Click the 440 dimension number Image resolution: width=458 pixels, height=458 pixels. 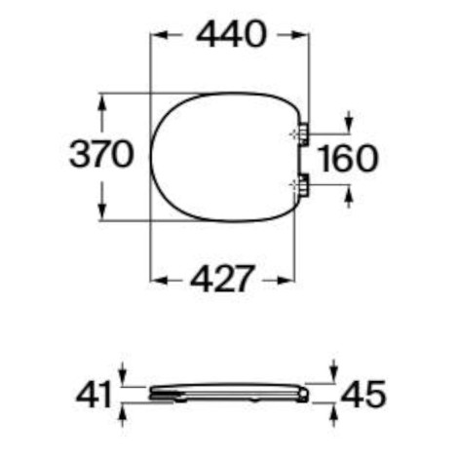click(x=231, y=34)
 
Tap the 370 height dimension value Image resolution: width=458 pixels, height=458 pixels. click(x=101, y=154)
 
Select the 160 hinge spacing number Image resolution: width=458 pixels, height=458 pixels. click(x=348, y=159)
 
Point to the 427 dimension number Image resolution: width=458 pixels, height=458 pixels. click(x=221, y=279)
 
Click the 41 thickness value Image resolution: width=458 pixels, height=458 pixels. click(x=95, y=395)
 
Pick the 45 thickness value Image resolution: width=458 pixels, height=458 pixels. click(x=363, y=395)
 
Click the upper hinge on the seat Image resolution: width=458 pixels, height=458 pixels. click(x=303, y=134)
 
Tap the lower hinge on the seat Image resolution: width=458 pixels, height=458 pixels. click(x=303, y=185)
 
